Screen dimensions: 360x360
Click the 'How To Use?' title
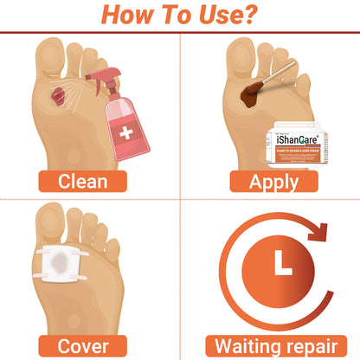click(x=180, y=16)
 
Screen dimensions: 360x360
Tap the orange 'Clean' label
click(x=82, y=181)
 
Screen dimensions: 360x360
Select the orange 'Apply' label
click(x=271, y=181)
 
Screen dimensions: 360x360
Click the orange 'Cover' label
click(x=82, y=345)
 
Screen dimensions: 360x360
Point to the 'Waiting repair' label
click(x=271, y=345)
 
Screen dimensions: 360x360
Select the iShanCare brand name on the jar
click(x=299, y=137)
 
